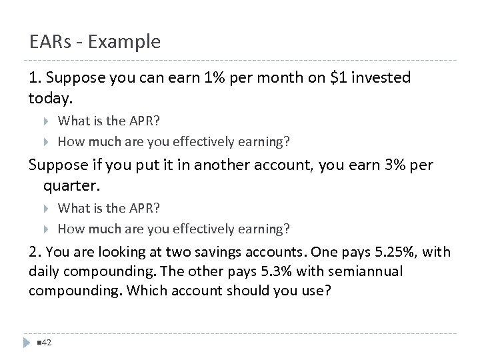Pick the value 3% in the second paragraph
click(385, 165)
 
